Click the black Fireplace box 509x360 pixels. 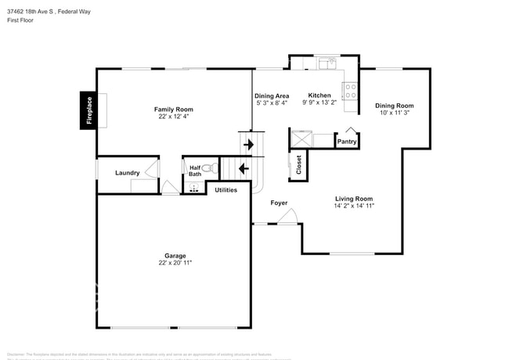pos(88,110)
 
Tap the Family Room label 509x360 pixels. pos(173,110)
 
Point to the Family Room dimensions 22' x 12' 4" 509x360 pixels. pos(173,117)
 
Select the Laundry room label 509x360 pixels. pos(127,173)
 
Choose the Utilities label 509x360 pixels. pos(226,190)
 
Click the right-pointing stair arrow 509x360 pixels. pos(249,144)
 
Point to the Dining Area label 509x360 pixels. pos(272,95)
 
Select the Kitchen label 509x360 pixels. pos(319,95)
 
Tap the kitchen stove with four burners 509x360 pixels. pos(350,91)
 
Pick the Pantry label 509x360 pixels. pos(347,142)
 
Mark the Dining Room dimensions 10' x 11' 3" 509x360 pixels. pos(394,113)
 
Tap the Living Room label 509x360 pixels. pos(354,199)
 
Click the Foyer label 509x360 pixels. pos(279,203)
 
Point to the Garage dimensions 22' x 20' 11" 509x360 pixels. pos(175,263)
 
